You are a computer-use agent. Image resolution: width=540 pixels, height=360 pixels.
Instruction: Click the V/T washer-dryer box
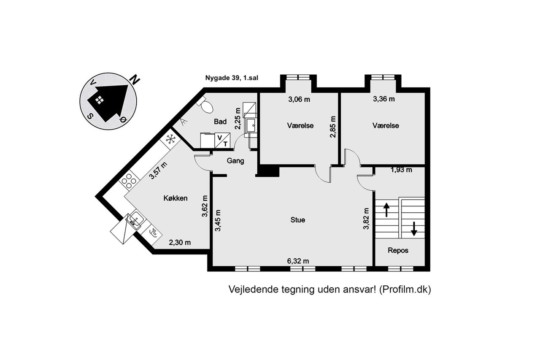click(x=222, y=140)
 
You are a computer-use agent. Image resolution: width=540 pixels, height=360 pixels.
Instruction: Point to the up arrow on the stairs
click(x=386, y=209)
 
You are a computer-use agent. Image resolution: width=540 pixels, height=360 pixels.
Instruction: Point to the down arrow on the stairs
click(x=414, y=229)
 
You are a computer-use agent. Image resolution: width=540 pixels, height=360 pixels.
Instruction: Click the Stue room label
click(x=298, y=220)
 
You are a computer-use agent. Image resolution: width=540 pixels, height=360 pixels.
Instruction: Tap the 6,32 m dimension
click(x=298, y=261)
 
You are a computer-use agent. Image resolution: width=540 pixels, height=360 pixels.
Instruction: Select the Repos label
click(x=398, y=251)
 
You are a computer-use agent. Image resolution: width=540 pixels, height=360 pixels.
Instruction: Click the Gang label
click(x=235, y=161)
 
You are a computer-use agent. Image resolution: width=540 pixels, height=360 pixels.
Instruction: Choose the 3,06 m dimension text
click(x=299, y=99)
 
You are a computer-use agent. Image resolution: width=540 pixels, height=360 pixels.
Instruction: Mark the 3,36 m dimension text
click(x=384, y=99)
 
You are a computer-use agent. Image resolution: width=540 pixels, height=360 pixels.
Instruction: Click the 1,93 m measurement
click(x=401, y=170)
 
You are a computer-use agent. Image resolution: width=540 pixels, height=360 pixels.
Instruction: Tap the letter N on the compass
click(x=135, y=80)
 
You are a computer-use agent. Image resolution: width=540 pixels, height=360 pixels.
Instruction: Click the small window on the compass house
click(x=99, y=100)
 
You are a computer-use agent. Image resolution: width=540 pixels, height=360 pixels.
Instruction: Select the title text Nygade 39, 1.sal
click(x=232, y=78)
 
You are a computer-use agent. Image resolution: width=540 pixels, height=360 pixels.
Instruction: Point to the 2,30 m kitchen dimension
click(x=180, y=242)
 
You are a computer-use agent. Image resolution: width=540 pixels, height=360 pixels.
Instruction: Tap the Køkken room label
click(x=175, y=198)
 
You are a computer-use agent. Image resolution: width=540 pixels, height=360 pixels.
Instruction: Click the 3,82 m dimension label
click(x=366, y=219)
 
